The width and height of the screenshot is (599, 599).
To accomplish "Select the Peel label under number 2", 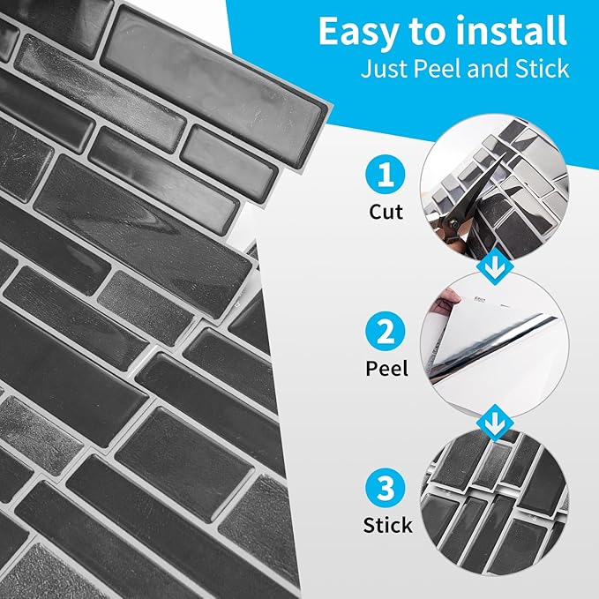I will pyautogui.click(x=387, y=368).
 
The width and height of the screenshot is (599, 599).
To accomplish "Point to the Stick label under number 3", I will pyautogui.click(x=387, y=525).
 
